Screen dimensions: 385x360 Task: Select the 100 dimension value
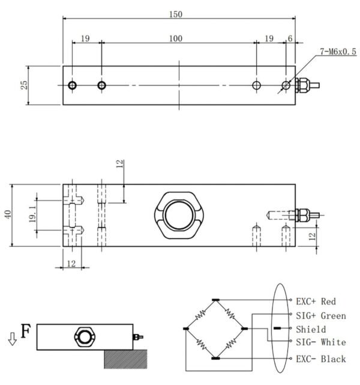tap(175, 38)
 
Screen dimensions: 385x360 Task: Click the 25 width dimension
tap(25, 85)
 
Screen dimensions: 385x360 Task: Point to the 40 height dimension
tap(8, 215)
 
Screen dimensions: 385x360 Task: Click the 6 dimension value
tap(290, 38)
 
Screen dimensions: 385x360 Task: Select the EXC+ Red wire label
tap(316, 301)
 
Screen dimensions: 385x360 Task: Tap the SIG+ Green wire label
tap(320, 315)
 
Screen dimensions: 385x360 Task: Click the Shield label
tap(311, 329)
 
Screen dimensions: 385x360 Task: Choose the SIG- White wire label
tap(320, 342)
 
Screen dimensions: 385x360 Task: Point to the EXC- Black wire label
tap(320, 359)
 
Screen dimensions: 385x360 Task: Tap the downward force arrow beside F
tap(12, 339)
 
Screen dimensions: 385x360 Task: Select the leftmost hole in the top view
tap(72, 85)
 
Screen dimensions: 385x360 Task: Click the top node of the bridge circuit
tap(216, 299)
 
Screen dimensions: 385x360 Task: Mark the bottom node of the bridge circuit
tap(216, 358)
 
